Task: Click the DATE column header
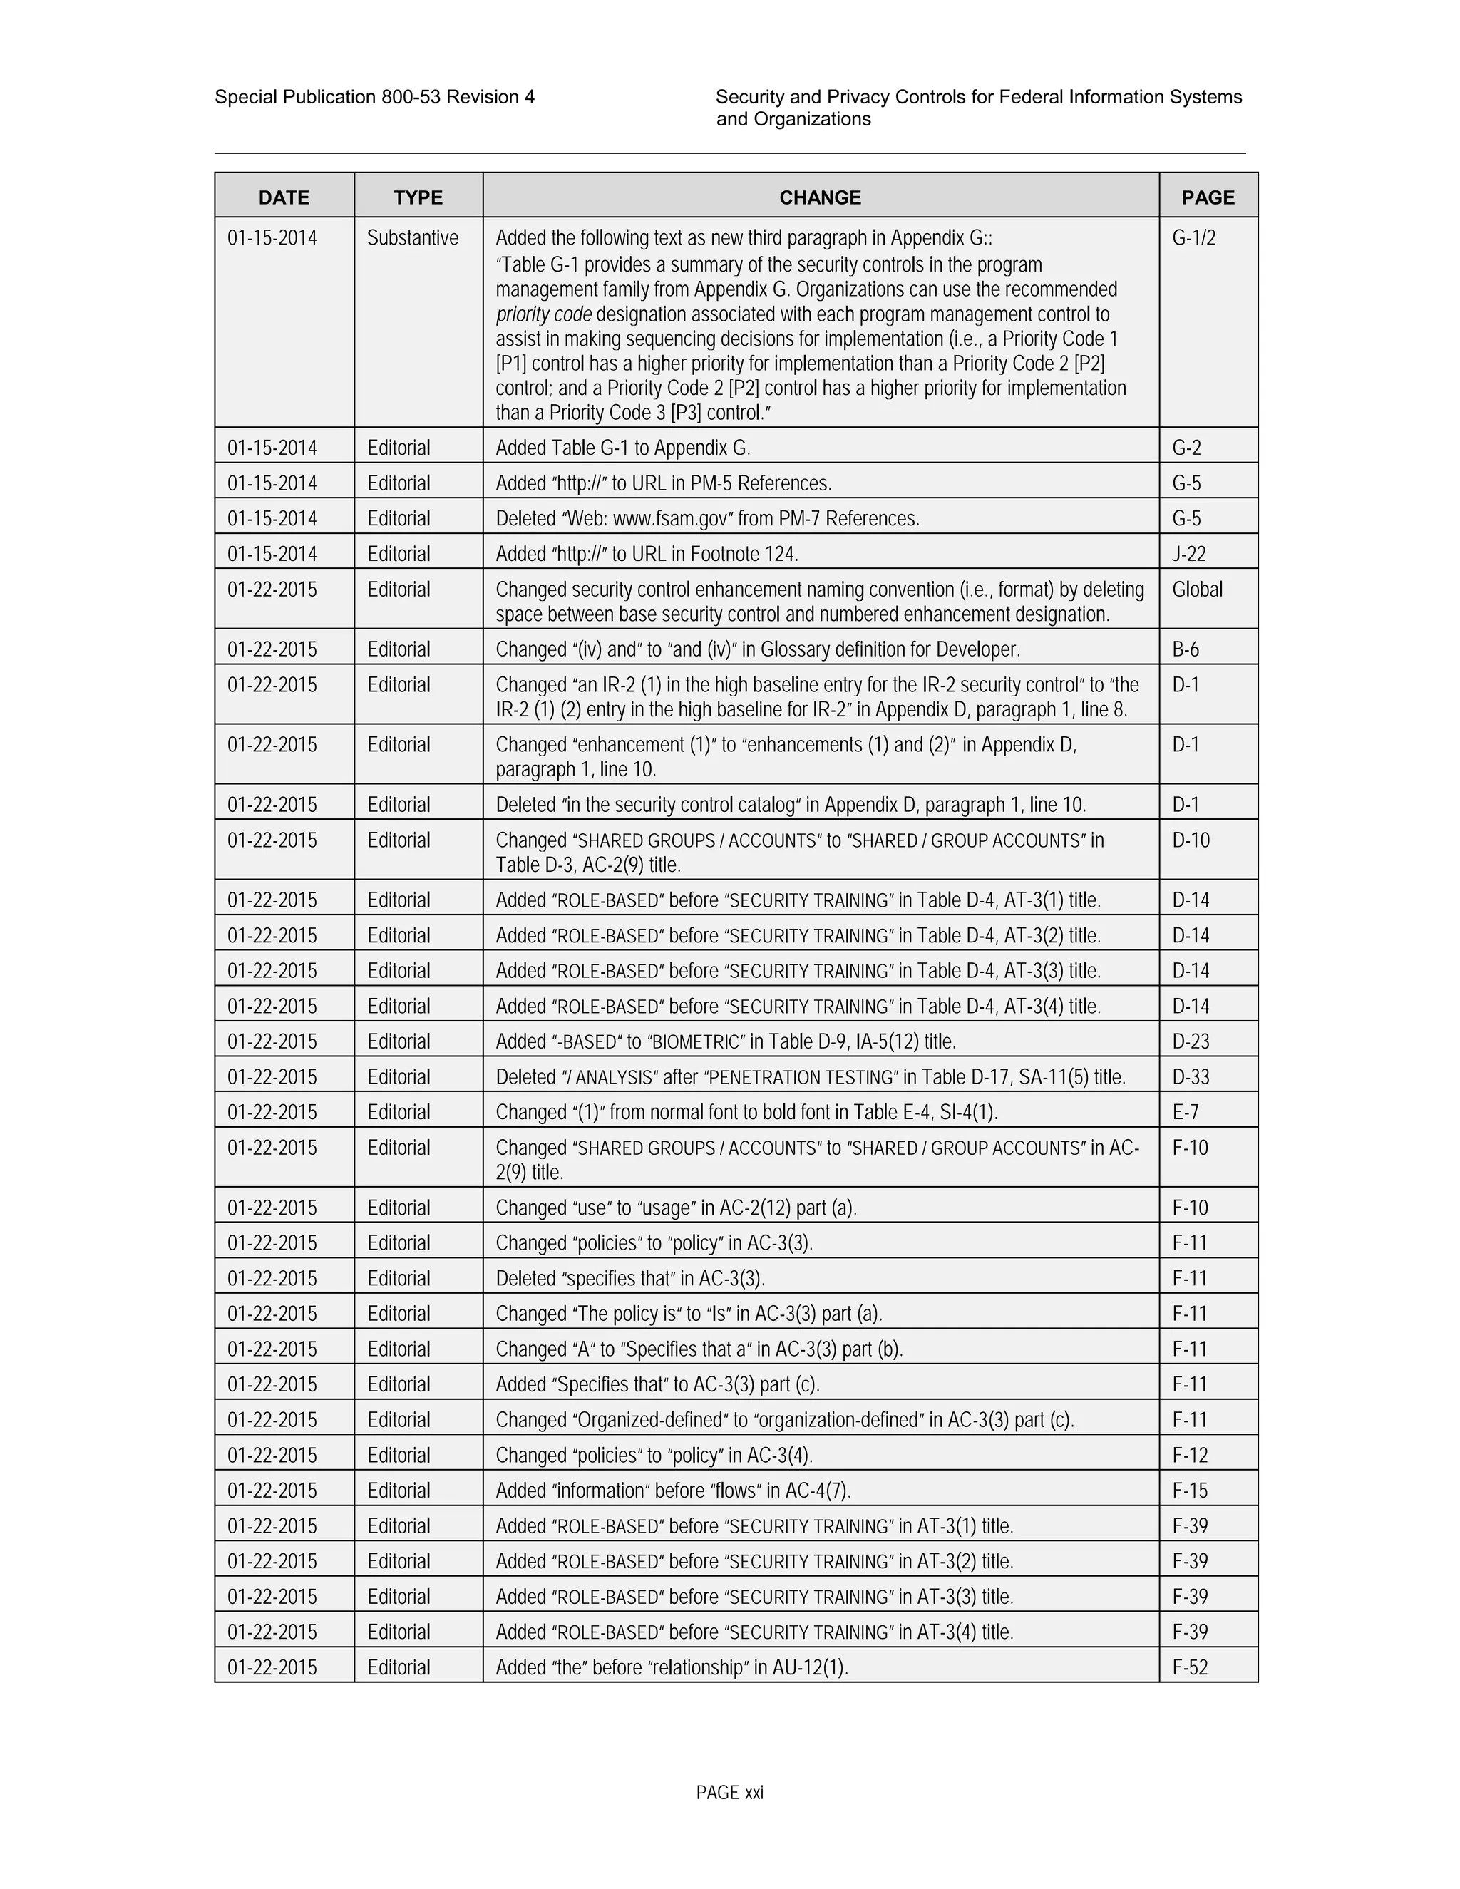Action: point(284,197)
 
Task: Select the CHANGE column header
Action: point(820,197)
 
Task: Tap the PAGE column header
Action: point(1208,197)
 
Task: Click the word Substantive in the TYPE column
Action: point(413,238)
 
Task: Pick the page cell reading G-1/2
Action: point(1193,238)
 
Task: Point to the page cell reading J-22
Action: point(1188,554)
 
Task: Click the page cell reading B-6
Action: point(1185,649)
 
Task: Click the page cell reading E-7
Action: point(1185,1112)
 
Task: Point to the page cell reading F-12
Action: point(1189,1455)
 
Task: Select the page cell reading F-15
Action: point(1189,1491)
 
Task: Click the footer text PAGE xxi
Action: point(729,1792)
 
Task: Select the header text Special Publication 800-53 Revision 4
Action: point(374,97)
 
